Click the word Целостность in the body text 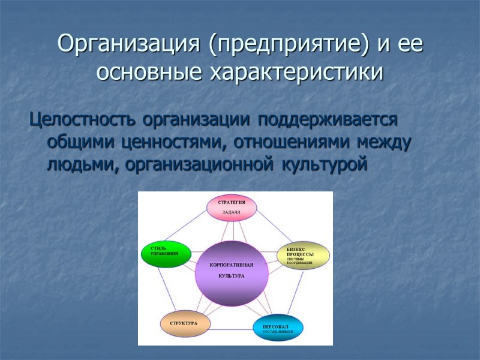[83, 119]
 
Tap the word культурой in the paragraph [329, 166]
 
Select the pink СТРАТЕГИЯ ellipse [232, 207]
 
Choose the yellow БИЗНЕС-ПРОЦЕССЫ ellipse [303, 256]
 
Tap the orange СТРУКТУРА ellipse [185, 323]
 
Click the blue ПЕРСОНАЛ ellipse [277, 327]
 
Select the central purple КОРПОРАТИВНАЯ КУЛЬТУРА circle [232, 272]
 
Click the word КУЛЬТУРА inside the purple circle [232, 277]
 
